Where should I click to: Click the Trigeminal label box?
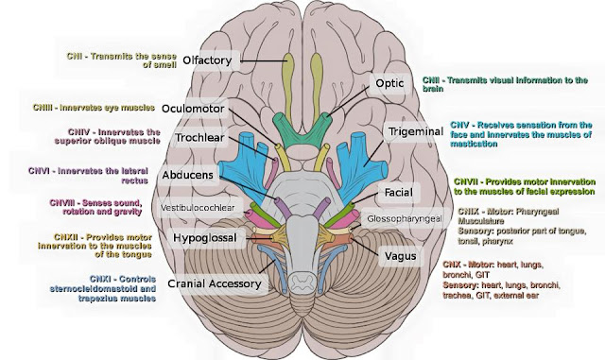[413, 132]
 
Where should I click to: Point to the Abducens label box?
[206, 175]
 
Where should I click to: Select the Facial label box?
[394, 193]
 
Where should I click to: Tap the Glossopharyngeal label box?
[406, 218]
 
